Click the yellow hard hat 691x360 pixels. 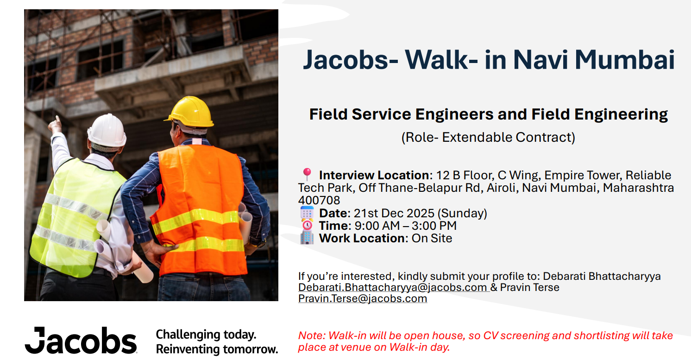[x=190, y=112]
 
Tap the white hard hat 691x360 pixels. [x=107, y=131]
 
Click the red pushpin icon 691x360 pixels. [x=307, y=174]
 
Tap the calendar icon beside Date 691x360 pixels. [x=307, y=213]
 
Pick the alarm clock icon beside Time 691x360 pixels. [x=307, y=225]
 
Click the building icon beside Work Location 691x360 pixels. [x=307, y=238]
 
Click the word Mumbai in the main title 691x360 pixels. [x=625, y=60]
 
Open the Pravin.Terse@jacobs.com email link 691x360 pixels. [x=363, y=299]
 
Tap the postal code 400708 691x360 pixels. [x=319, y=201]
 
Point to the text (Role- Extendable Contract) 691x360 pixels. [x=488, y=137]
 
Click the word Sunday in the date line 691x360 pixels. [x=462, y=213]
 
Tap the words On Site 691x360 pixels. [x=432, y=239]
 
